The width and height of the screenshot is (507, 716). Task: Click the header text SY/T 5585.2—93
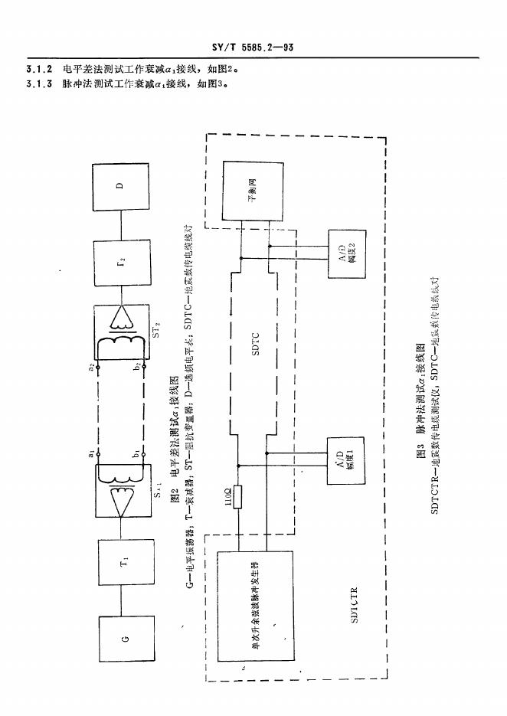click(253, 47)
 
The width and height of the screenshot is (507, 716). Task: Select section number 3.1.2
click(38, 68)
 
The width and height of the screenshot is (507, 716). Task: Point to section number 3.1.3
click(38, 83)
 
